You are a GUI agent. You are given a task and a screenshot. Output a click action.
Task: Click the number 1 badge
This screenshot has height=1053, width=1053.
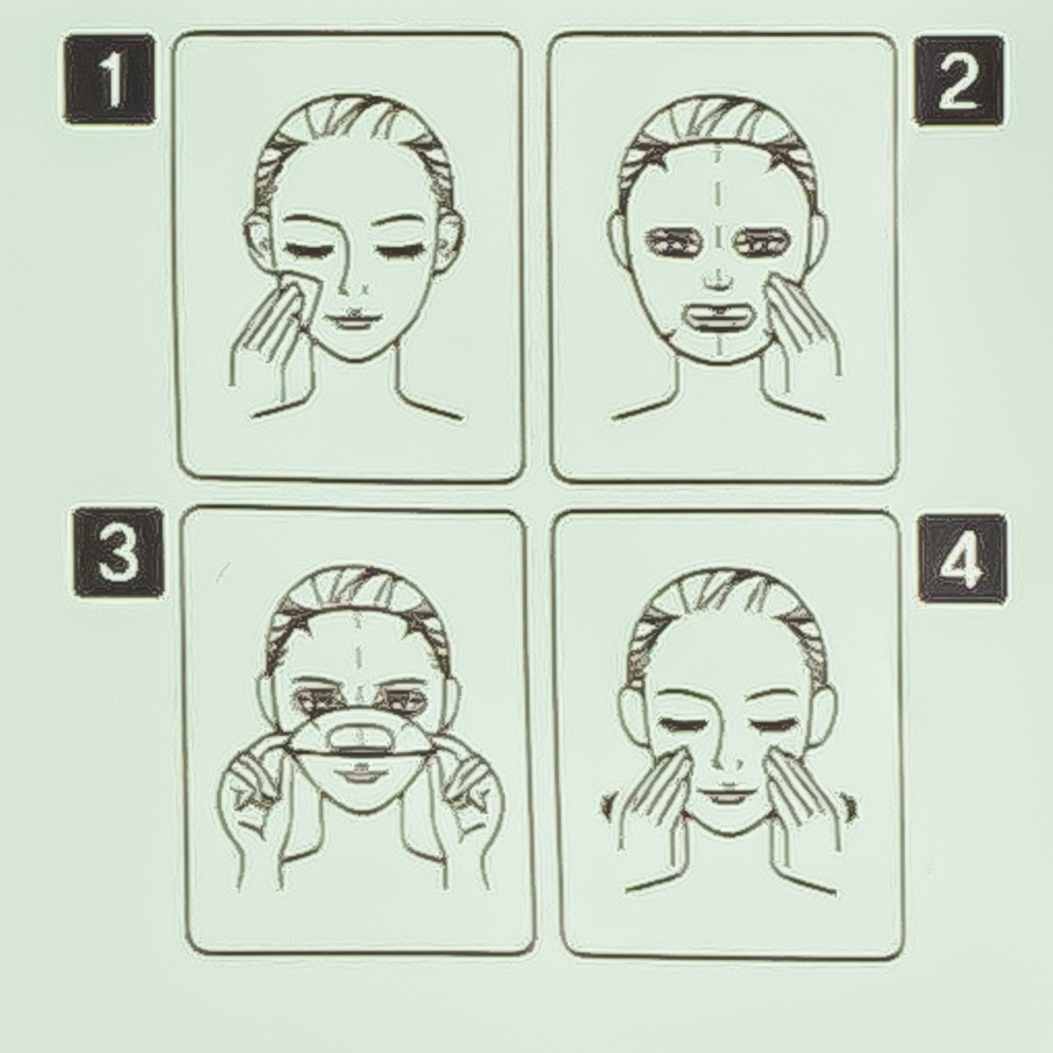pos(109,79)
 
